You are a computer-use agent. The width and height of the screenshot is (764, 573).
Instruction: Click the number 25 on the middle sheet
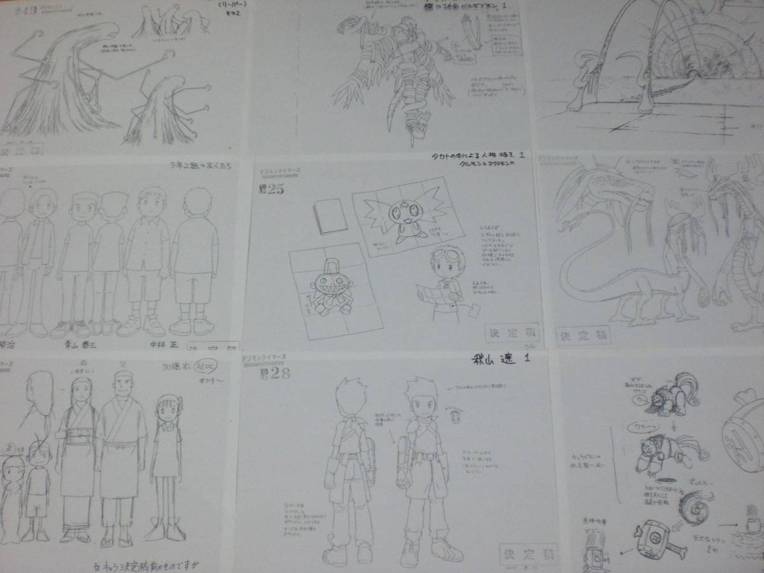[274, 188]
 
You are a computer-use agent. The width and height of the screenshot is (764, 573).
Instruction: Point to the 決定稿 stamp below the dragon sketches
[583, 335]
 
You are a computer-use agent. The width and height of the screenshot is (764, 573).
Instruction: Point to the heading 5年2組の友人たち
[197, 166]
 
